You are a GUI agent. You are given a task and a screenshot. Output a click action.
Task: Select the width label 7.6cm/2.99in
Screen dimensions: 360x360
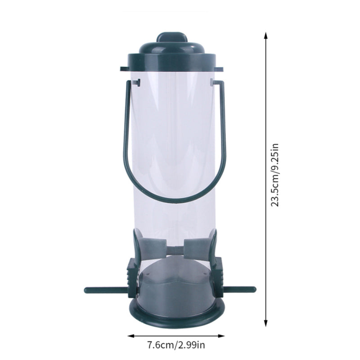pos(176,346)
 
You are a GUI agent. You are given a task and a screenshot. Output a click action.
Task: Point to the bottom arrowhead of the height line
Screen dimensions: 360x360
pos(265,323)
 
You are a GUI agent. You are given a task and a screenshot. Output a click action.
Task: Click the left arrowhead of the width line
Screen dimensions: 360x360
pos(131,335)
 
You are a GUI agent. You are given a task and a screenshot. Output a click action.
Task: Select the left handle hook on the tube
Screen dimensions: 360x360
pos(137,82)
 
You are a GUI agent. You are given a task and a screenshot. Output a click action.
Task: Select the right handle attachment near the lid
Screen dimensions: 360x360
pos(211,82)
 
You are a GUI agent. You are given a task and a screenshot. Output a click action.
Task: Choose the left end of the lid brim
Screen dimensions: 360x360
pos(123,69)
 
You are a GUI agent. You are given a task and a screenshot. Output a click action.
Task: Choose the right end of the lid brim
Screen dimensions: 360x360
pos(221,69)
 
